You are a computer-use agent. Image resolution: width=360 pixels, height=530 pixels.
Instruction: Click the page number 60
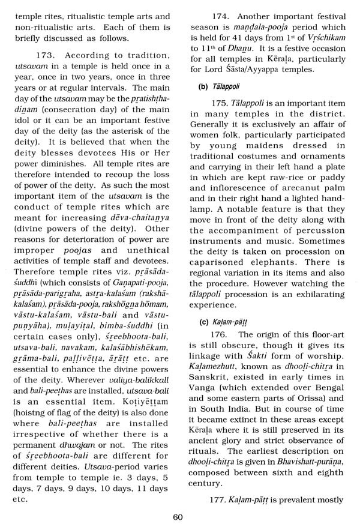tap(177, 517)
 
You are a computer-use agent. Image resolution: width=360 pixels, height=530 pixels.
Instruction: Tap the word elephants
tap(287, 260)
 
